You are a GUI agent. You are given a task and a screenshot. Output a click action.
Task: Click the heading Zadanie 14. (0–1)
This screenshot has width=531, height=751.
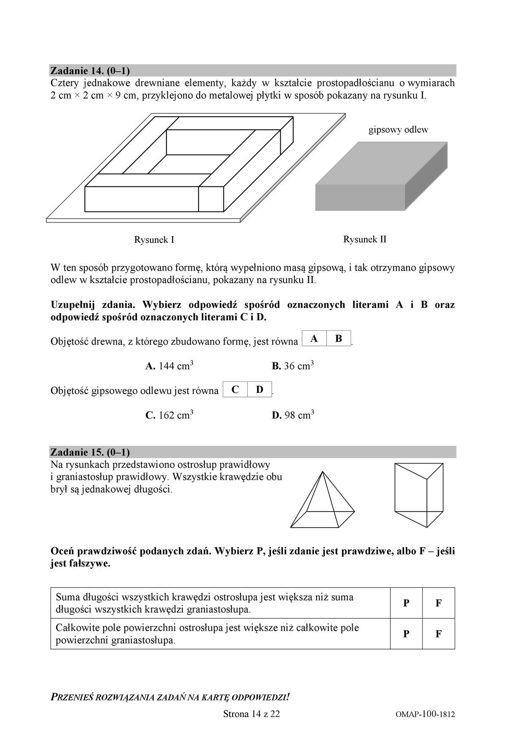90,70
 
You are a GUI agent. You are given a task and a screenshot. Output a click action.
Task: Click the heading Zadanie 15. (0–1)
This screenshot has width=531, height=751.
90,452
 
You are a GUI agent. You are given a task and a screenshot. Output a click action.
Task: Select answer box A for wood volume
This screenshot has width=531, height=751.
314,338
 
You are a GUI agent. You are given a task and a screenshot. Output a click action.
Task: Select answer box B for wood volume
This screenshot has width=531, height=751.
339,338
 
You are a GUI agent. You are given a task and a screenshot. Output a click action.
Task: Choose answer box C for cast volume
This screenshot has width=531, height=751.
235,389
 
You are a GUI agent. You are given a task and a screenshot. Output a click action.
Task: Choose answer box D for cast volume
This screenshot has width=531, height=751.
260,389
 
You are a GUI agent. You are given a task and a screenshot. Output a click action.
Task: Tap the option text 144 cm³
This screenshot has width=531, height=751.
169,366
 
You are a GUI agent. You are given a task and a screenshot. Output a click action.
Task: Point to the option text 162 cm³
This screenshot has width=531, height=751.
169,415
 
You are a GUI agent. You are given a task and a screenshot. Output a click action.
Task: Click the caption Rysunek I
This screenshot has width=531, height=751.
154,240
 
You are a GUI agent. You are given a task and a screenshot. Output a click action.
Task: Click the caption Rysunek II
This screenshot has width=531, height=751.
365,239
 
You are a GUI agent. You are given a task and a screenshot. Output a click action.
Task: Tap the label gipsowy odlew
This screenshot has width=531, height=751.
398,130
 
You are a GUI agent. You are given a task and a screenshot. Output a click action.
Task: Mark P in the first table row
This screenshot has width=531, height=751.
406,603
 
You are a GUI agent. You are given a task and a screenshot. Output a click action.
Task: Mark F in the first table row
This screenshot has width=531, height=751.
438,603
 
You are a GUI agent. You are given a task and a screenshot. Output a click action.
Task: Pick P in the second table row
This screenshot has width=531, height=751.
406,634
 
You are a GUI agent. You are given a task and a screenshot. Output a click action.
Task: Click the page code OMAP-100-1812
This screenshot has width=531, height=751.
425,714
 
